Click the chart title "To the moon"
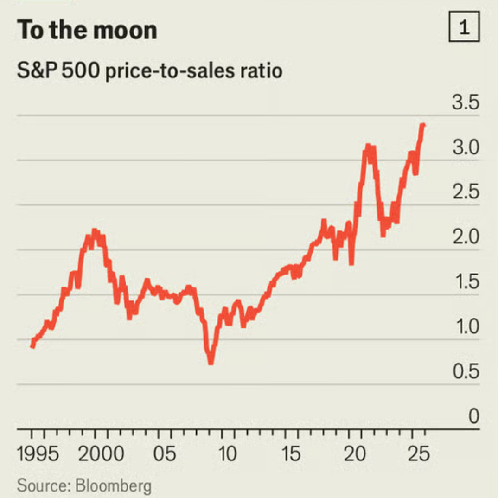87,30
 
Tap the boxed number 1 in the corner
464,29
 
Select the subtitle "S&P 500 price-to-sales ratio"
149,72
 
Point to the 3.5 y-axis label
465,103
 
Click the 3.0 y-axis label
465,148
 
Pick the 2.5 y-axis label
465,193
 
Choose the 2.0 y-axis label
465,238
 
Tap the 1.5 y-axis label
465,282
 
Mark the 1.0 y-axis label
465,327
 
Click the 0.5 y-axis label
465,372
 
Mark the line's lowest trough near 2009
211,361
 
